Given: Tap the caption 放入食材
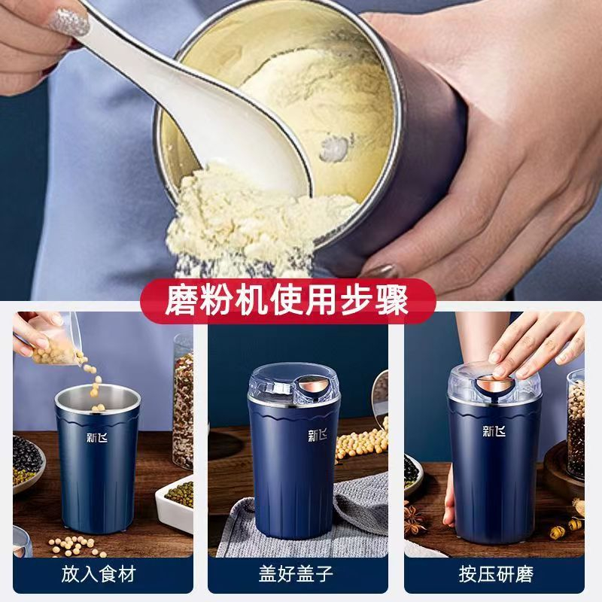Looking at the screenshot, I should click(x=98, y=574).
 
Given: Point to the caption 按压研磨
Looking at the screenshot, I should click(x=496, y=574).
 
